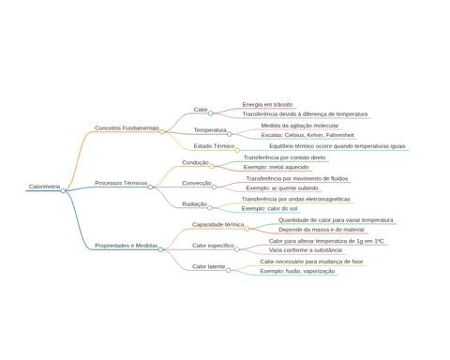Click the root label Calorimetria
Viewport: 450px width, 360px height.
pos(44,187)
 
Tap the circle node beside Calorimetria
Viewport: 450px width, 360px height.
pos(63,190)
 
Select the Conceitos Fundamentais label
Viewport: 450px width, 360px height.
pos(127,128)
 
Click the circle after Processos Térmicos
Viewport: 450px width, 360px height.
pos(150,187)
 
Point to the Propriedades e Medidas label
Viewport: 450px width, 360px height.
pos(127,246)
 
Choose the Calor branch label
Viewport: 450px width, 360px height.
pos(201,110)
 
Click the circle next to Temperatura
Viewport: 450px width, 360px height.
pos(230,134)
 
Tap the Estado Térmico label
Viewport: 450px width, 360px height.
pos(214,146)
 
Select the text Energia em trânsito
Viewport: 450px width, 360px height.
pos(267,104)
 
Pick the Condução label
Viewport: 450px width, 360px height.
pos(195,162)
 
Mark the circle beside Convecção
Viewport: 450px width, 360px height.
pos(214,187)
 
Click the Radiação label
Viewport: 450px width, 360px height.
pos(194,204)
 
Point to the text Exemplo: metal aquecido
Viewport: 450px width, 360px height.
pos(277,167)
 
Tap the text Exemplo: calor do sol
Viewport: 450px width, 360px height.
pos(269,208)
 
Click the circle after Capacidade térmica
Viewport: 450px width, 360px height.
pos(247,229)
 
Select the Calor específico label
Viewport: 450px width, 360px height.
pos(213,246)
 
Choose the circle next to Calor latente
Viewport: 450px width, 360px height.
pos(229,270)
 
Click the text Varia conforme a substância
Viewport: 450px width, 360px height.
pos(306,250)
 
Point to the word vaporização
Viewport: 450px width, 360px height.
pos(319,271)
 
